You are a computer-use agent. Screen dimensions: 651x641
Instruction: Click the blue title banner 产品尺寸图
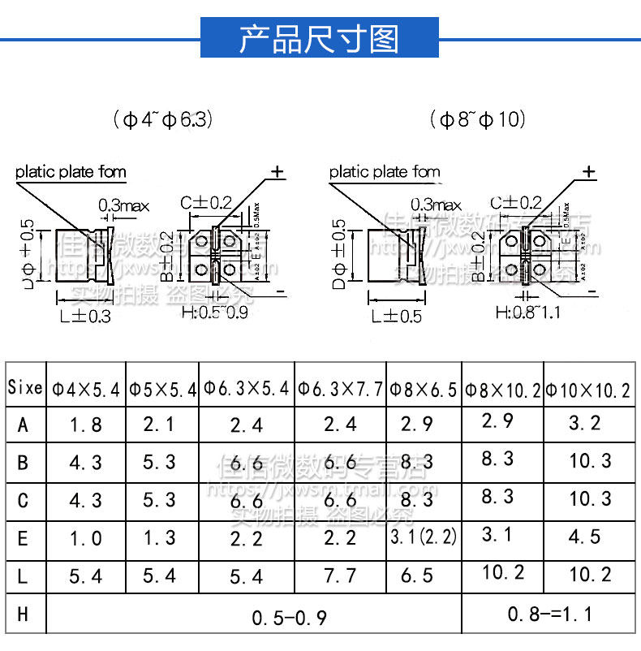click(319, 38)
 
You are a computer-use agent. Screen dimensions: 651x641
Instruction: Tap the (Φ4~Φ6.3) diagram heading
click(163, 120)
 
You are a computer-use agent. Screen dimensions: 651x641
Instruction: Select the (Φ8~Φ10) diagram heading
click(478, 120)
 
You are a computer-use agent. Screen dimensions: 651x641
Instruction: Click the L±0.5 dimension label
click(397, 316)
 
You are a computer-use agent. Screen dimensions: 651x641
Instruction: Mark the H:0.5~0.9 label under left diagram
click(215, 313)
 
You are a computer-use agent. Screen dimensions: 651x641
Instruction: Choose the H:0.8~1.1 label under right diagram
click(528, 313)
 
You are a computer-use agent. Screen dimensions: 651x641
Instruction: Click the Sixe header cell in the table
click(25, 388)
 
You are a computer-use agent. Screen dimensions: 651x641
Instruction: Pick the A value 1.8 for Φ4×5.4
click(86, 425)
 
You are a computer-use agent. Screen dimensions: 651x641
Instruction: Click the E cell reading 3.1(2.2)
click(424, 537)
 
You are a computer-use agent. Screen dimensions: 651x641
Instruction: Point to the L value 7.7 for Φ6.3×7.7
click(340, 576)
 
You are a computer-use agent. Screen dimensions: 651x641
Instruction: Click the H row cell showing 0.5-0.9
click(289, 618)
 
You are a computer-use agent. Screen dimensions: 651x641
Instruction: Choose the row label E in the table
click(23, 537)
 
